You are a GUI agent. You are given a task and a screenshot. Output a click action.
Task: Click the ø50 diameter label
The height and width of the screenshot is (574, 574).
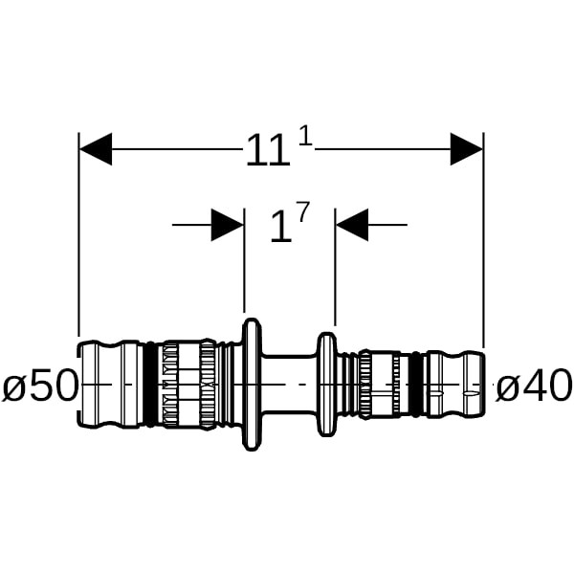click(38, 387)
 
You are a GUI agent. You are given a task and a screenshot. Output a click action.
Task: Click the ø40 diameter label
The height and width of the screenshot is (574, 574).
click(533, 387)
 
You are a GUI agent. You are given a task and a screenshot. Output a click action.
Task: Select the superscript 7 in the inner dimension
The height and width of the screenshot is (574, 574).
click(303, 213)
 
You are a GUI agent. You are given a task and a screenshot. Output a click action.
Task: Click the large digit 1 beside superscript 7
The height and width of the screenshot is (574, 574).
click(279, 229)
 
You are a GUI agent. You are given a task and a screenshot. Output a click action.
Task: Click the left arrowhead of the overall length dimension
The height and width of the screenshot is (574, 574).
click(96, 149)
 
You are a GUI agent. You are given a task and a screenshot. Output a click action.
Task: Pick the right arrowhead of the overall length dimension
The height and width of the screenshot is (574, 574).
click(467, 149)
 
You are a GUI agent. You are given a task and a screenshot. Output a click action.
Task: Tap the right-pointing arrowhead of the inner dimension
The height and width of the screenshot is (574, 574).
click(227, 226)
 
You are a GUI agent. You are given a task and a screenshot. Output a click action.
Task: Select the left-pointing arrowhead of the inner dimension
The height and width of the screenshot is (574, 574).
click(352, 226)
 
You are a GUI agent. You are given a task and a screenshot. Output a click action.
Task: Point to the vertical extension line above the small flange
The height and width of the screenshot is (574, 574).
click(335, 277)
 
